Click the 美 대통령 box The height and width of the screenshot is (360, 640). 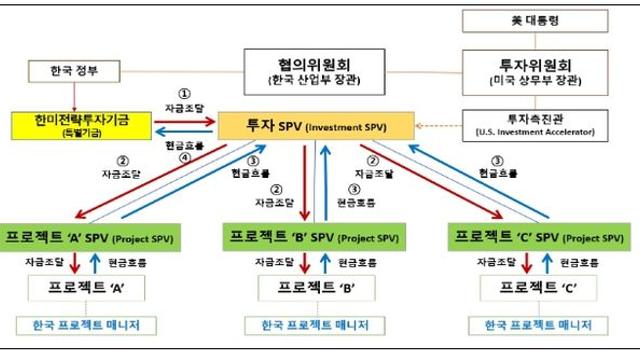(x=537, y=20)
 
